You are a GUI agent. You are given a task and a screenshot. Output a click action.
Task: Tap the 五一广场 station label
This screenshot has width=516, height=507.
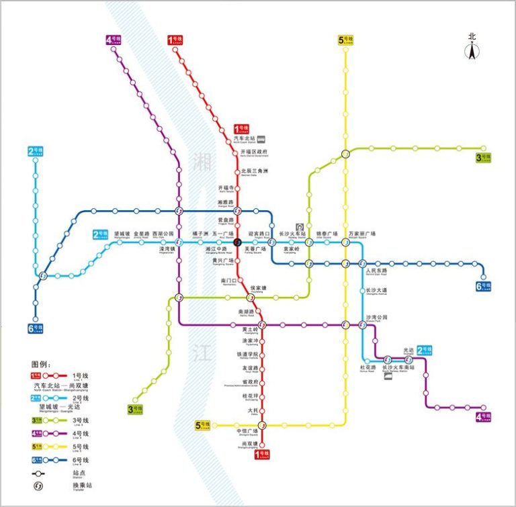[x=224, y=234]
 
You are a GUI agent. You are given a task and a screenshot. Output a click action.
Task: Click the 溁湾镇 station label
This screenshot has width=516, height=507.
[x=167, y=249]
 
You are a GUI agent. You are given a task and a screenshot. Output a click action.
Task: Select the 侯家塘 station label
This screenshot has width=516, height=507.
[x=258, y=288]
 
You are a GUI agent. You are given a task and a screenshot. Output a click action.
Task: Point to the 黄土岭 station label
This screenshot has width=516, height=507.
[x=249, y=329]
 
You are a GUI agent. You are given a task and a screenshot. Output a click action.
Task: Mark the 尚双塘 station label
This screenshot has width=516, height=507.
[x=249, y=443]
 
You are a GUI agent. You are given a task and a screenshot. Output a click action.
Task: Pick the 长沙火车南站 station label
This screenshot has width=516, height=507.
[x=398, y=367]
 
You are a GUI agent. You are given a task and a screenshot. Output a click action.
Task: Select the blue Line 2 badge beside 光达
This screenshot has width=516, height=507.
[x=424, y=350]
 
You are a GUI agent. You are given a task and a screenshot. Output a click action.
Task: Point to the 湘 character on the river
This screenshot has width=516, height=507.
[x=201, y=161]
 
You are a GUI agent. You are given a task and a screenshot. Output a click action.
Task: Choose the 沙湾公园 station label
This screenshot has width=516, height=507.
[x=377, y=317]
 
